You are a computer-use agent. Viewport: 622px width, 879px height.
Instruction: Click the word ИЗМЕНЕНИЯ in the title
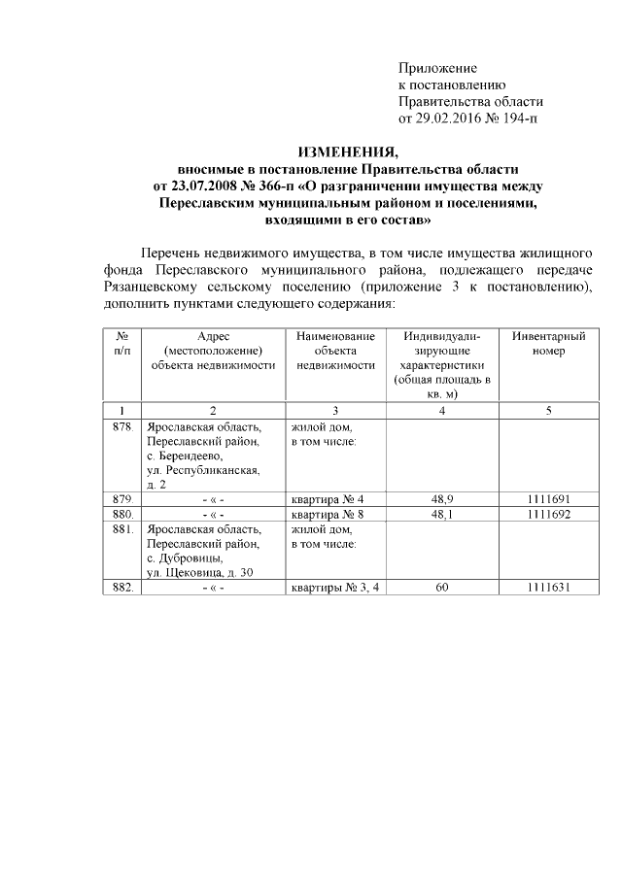[347, 152]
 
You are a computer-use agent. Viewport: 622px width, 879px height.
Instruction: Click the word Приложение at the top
[438, 69]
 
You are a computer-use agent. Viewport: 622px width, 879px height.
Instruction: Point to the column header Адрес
[213, 335]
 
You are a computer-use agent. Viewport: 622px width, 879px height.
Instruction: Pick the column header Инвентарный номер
[548, 343]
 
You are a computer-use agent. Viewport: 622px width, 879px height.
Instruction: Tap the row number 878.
[121, 426]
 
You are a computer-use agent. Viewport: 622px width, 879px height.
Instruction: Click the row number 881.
[121, 529]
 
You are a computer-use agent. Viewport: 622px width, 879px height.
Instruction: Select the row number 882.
[121, 588]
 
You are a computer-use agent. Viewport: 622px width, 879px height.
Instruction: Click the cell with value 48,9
[442, 499]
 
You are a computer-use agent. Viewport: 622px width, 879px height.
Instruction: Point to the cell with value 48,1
[442, 514]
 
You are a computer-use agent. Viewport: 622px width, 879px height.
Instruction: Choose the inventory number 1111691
[548, 499]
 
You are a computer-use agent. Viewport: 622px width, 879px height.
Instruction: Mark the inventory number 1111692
[548, 514]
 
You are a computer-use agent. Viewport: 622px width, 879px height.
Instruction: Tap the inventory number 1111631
[548, 588]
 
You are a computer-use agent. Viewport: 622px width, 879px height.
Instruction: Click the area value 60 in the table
[442, 588]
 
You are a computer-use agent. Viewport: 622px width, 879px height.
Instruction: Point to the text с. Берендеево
[185, 456]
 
